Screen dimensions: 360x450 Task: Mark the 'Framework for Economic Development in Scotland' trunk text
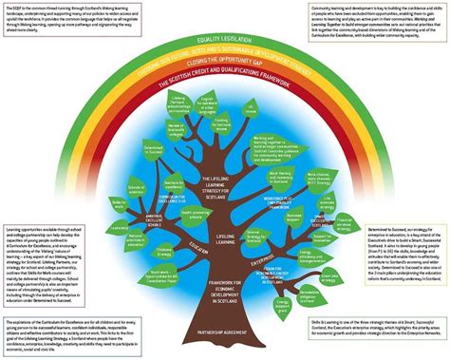224,284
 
